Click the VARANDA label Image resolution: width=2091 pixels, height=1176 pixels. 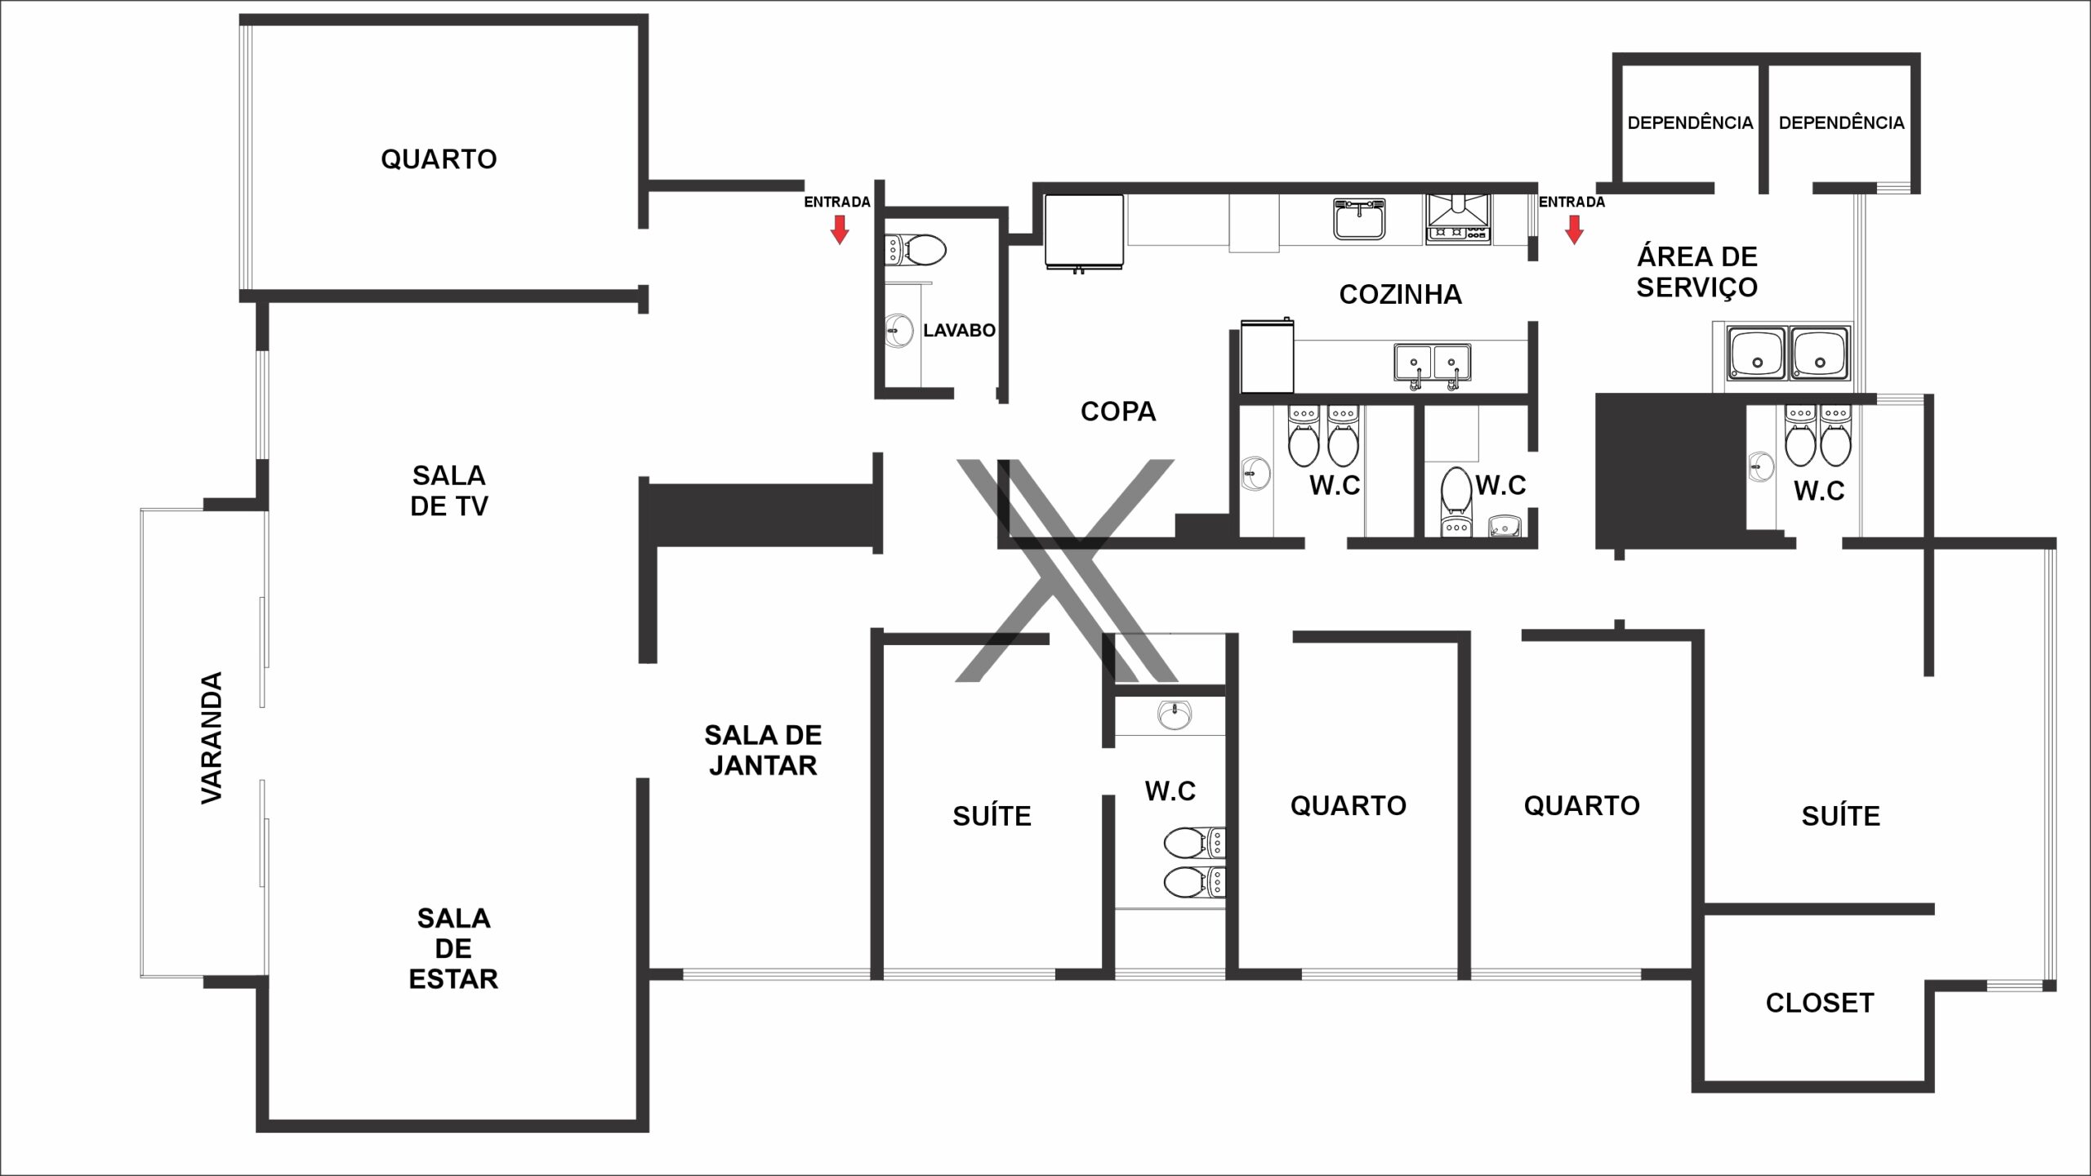tap(212, 738)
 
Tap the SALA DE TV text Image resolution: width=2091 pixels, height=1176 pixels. tap(449, 491)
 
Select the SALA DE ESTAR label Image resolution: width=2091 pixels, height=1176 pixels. tap(453, 949)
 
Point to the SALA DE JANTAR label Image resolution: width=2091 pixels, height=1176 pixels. tap(763, 751)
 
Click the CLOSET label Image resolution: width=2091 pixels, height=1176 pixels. tap(1820, 1003)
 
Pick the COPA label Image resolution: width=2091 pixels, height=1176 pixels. tap(1118, 412)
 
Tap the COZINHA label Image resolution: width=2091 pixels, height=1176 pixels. tap(1400, 295)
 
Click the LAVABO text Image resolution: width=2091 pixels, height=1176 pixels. tap(959, 331)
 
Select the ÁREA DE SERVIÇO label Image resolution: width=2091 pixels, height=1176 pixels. tap(1697, 272)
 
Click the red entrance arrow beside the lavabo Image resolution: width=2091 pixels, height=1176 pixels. tap(840, 229)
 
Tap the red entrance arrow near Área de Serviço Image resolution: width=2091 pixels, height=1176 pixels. tap(1575, 229)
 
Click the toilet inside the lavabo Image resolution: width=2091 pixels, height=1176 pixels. tap(916, 250)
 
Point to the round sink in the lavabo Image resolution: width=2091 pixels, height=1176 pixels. tap(899, 332)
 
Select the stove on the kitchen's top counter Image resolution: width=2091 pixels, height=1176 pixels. tap(1458, 218)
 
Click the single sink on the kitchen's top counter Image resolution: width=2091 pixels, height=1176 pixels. tap(1359, 219)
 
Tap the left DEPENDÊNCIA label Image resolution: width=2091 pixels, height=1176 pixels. tap(1690, 123)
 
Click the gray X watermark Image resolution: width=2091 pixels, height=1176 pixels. tap(1067, 570)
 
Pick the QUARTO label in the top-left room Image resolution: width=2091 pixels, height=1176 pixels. tap(439, 159)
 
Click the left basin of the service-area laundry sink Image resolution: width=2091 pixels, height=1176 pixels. tap(1756, 354)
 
